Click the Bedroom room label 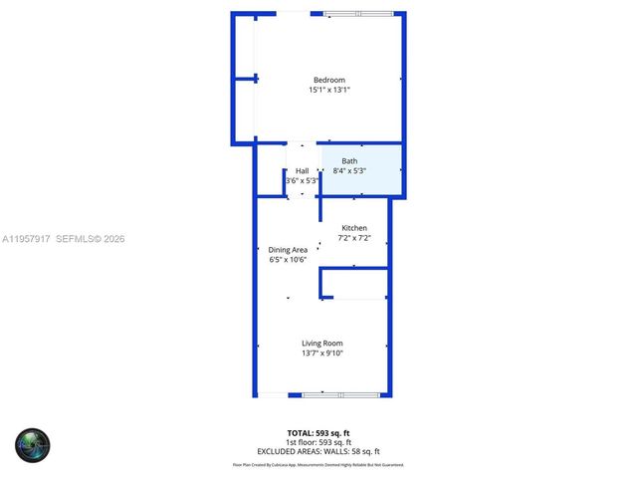pos(328,80)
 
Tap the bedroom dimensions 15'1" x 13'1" pos(328,90)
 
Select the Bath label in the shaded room pos(349,161)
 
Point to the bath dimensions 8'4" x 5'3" pos(349,171)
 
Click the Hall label pos(302,170)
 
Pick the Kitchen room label pos(354,228)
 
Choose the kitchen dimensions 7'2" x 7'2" pos(354,238)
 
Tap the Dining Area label pos(288,249)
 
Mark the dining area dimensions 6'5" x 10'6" pos(288,259)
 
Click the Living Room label pos(322,344)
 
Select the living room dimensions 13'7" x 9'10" pos(322,354)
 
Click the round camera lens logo pos(32,444)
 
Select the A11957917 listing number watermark pos(25,239)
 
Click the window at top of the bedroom pos(362,13)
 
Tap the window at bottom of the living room pos(341,395)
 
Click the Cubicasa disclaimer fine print pos(318,464)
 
